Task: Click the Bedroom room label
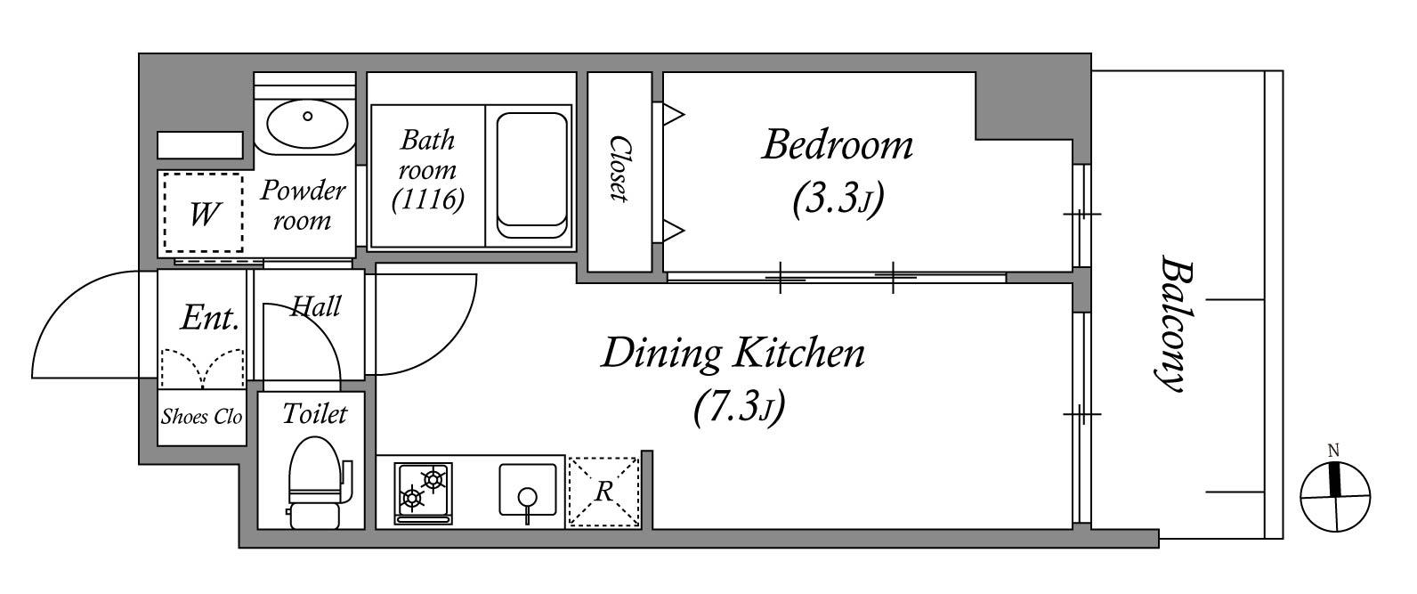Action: [838, 145]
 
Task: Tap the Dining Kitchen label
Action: [733, 354]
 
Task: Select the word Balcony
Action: [1172, 323]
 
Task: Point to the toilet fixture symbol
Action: [319, 482]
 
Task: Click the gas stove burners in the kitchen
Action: [423, 492]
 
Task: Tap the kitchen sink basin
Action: [528, 491]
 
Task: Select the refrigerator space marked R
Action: [604, 492]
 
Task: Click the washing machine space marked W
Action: [204, 213]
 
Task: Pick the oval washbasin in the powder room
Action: [307, 123]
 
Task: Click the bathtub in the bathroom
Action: [531, 175]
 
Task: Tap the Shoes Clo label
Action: [201, 416]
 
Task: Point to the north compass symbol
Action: [1335, 497]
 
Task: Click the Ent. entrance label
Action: [210, 317]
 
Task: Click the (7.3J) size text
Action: [739, 405]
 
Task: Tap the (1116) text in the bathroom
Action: [428, 199]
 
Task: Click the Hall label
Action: [316, 306]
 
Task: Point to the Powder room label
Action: [303, 205]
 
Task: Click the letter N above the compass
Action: [1333, 451]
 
